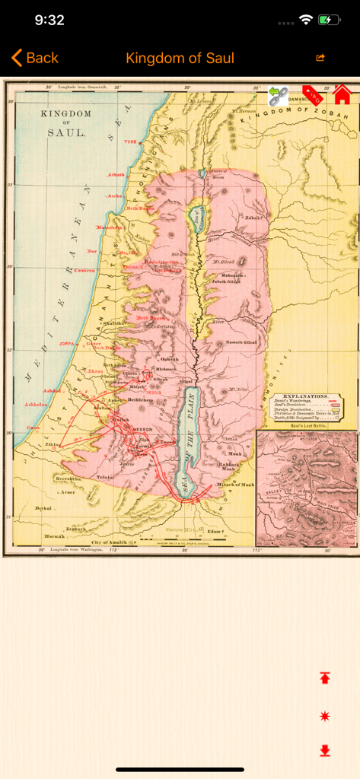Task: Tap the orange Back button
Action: coord(35,58)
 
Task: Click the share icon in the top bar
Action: coord(320,58)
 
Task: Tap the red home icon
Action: coord(342,95)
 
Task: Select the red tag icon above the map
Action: coord(313,95)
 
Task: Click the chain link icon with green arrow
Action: coord(279,96)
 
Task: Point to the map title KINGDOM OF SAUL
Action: coord(66,122)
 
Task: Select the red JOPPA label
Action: coord(70,344)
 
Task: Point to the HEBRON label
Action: coord(142,429)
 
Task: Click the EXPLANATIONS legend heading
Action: coord(305,396)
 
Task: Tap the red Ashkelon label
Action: coord(37,404)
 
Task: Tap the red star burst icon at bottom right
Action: coord(325,716)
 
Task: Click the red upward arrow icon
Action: coord(325,677)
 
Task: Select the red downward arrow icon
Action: coord(325,751)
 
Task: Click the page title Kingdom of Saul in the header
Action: coord(180,58)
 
